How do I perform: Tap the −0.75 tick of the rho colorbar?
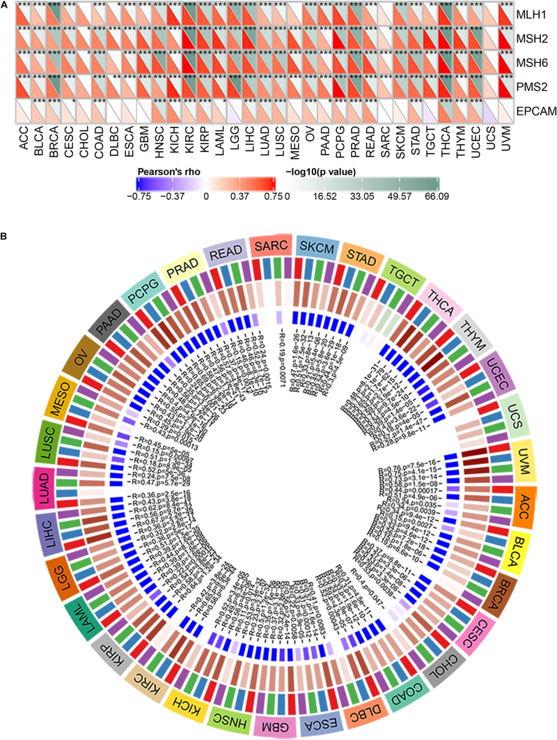point(146,196)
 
